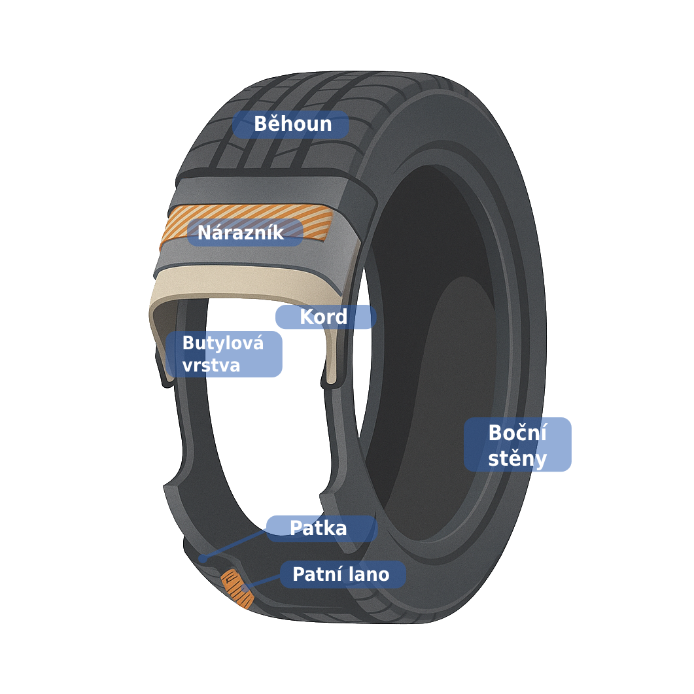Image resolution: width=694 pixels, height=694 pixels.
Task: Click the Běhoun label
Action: pyautogui.click(x=291, y=124)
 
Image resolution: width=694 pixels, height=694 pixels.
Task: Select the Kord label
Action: pyautogui.click(x=325, y=317)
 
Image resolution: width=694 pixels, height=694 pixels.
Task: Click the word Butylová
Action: pyautogui.click(x=222, y=343)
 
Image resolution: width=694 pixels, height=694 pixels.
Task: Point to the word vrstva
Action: pyautogui.click(x=211, y=366)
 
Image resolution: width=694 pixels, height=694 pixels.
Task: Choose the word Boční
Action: pyautogui.click(x=517, y=433)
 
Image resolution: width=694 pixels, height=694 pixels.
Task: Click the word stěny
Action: pyautogui.click(x=517, y=459)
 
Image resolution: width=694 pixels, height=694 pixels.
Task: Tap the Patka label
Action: pyautogui.click(x=320, y=529)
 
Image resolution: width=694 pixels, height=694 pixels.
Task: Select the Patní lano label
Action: pyautogui.click(x=342, y=574)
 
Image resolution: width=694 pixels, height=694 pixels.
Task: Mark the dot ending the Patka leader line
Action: pyautogui.click(x=203, y=559)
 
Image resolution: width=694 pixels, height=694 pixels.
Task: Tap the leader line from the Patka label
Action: pyautogui.click(x=235, y=544)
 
